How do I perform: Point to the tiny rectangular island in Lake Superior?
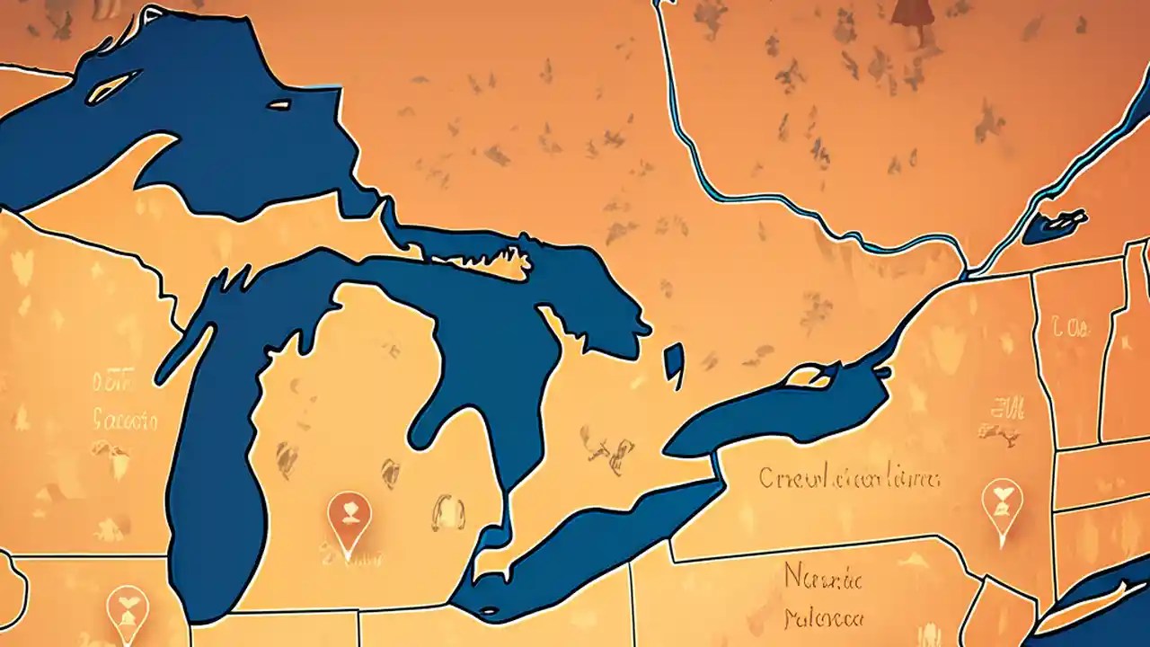(279, 105)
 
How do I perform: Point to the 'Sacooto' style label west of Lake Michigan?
(125, 420)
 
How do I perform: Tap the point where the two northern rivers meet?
(967, 269)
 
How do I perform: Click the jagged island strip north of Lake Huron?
(485, 261)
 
